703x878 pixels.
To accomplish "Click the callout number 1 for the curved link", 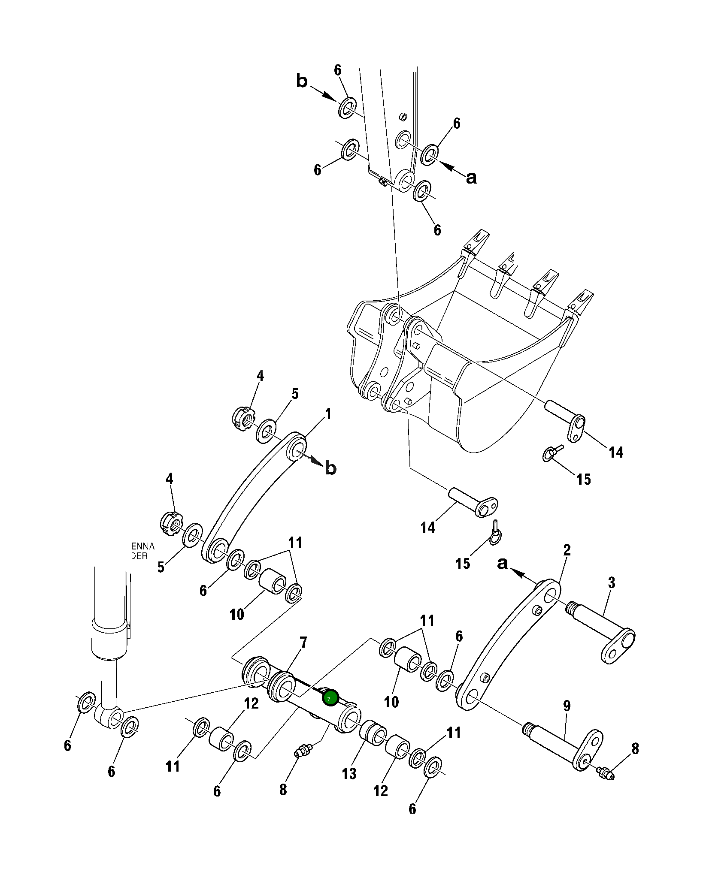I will click(328, 414).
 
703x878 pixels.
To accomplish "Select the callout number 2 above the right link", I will click(567, 550).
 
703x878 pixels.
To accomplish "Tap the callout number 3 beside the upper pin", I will click(612, 582).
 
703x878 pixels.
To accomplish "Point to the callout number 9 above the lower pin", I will click(567, 706).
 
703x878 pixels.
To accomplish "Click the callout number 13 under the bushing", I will click(349, 774).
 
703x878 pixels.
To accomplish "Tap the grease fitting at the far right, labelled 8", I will click(605, 774).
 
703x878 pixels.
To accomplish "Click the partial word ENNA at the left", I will click(143, 546).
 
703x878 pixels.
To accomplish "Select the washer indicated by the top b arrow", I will click(347, 108).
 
